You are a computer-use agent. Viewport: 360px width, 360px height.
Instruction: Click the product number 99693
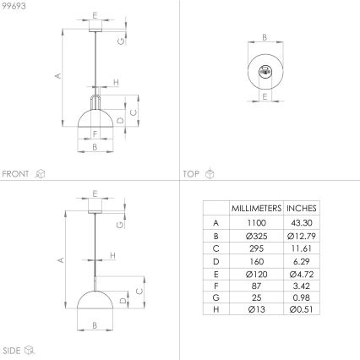pyautogui.click(x=14, y=5)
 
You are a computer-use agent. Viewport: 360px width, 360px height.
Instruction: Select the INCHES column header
pyautogui.click(x=302, y=207)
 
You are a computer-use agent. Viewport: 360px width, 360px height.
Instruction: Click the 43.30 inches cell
pyautogui.click(x=302, y=221)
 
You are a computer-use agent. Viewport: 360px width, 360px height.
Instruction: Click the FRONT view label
pyautogui.click(x=16, y=173)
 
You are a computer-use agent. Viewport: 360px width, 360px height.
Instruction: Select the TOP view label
pyautogui.click(x=191, y=173)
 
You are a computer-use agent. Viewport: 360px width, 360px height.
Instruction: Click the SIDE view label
pyautogui.click(x=12, y=348)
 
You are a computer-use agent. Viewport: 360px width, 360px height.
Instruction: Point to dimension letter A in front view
pyautogui.click(x=58, y=76)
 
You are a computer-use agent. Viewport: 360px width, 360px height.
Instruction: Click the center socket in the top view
pyautogui.click(x=264, y=71)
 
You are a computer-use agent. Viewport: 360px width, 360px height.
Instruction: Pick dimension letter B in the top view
pyautogui.click(x=264, y=37)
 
